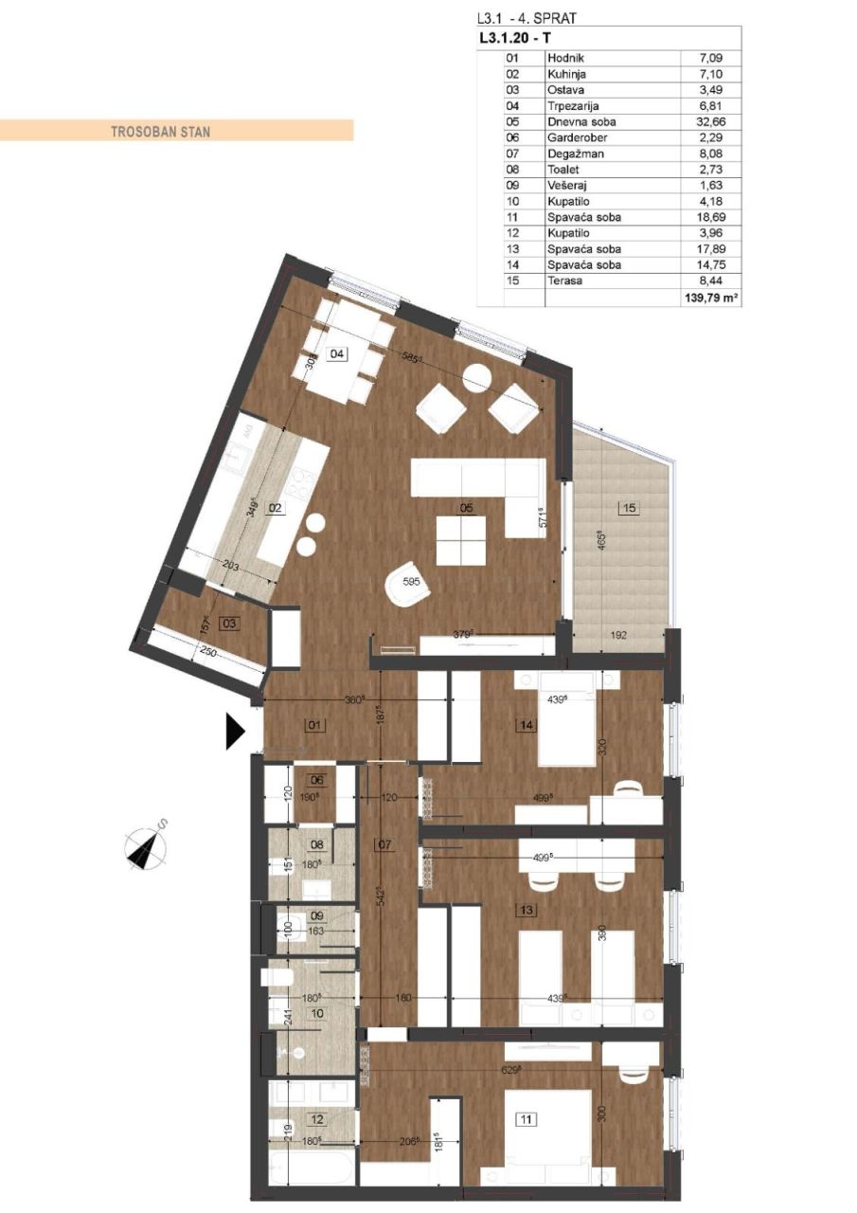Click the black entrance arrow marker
tap(235, 732)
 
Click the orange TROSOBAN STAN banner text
tap(160, 132)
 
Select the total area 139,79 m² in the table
tap(710, 297)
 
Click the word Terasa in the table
tap(564, 281)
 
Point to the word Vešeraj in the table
tap(568, 185)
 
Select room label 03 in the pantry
tap(227, 623)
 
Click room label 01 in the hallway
tap(315, 726)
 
